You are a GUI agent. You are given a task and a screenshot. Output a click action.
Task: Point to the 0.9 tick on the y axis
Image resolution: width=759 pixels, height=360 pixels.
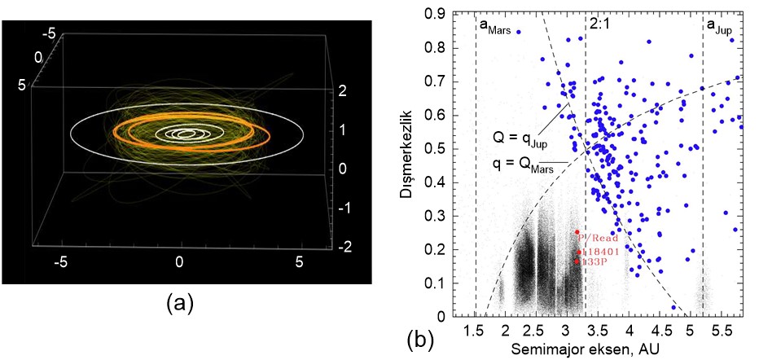tap(441, 14)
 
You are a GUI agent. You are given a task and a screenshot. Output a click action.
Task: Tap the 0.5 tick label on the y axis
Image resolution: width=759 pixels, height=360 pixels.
tap(441, 148)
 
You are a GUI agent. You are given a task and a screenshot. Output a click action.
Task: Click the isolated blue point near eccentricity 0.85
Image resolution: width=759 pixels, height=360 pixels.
tap(518, 32)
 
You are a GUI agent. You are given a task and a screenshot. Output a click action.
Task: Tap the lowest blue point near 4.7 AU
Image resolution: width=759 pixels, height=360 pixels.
tap(673, 308)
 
